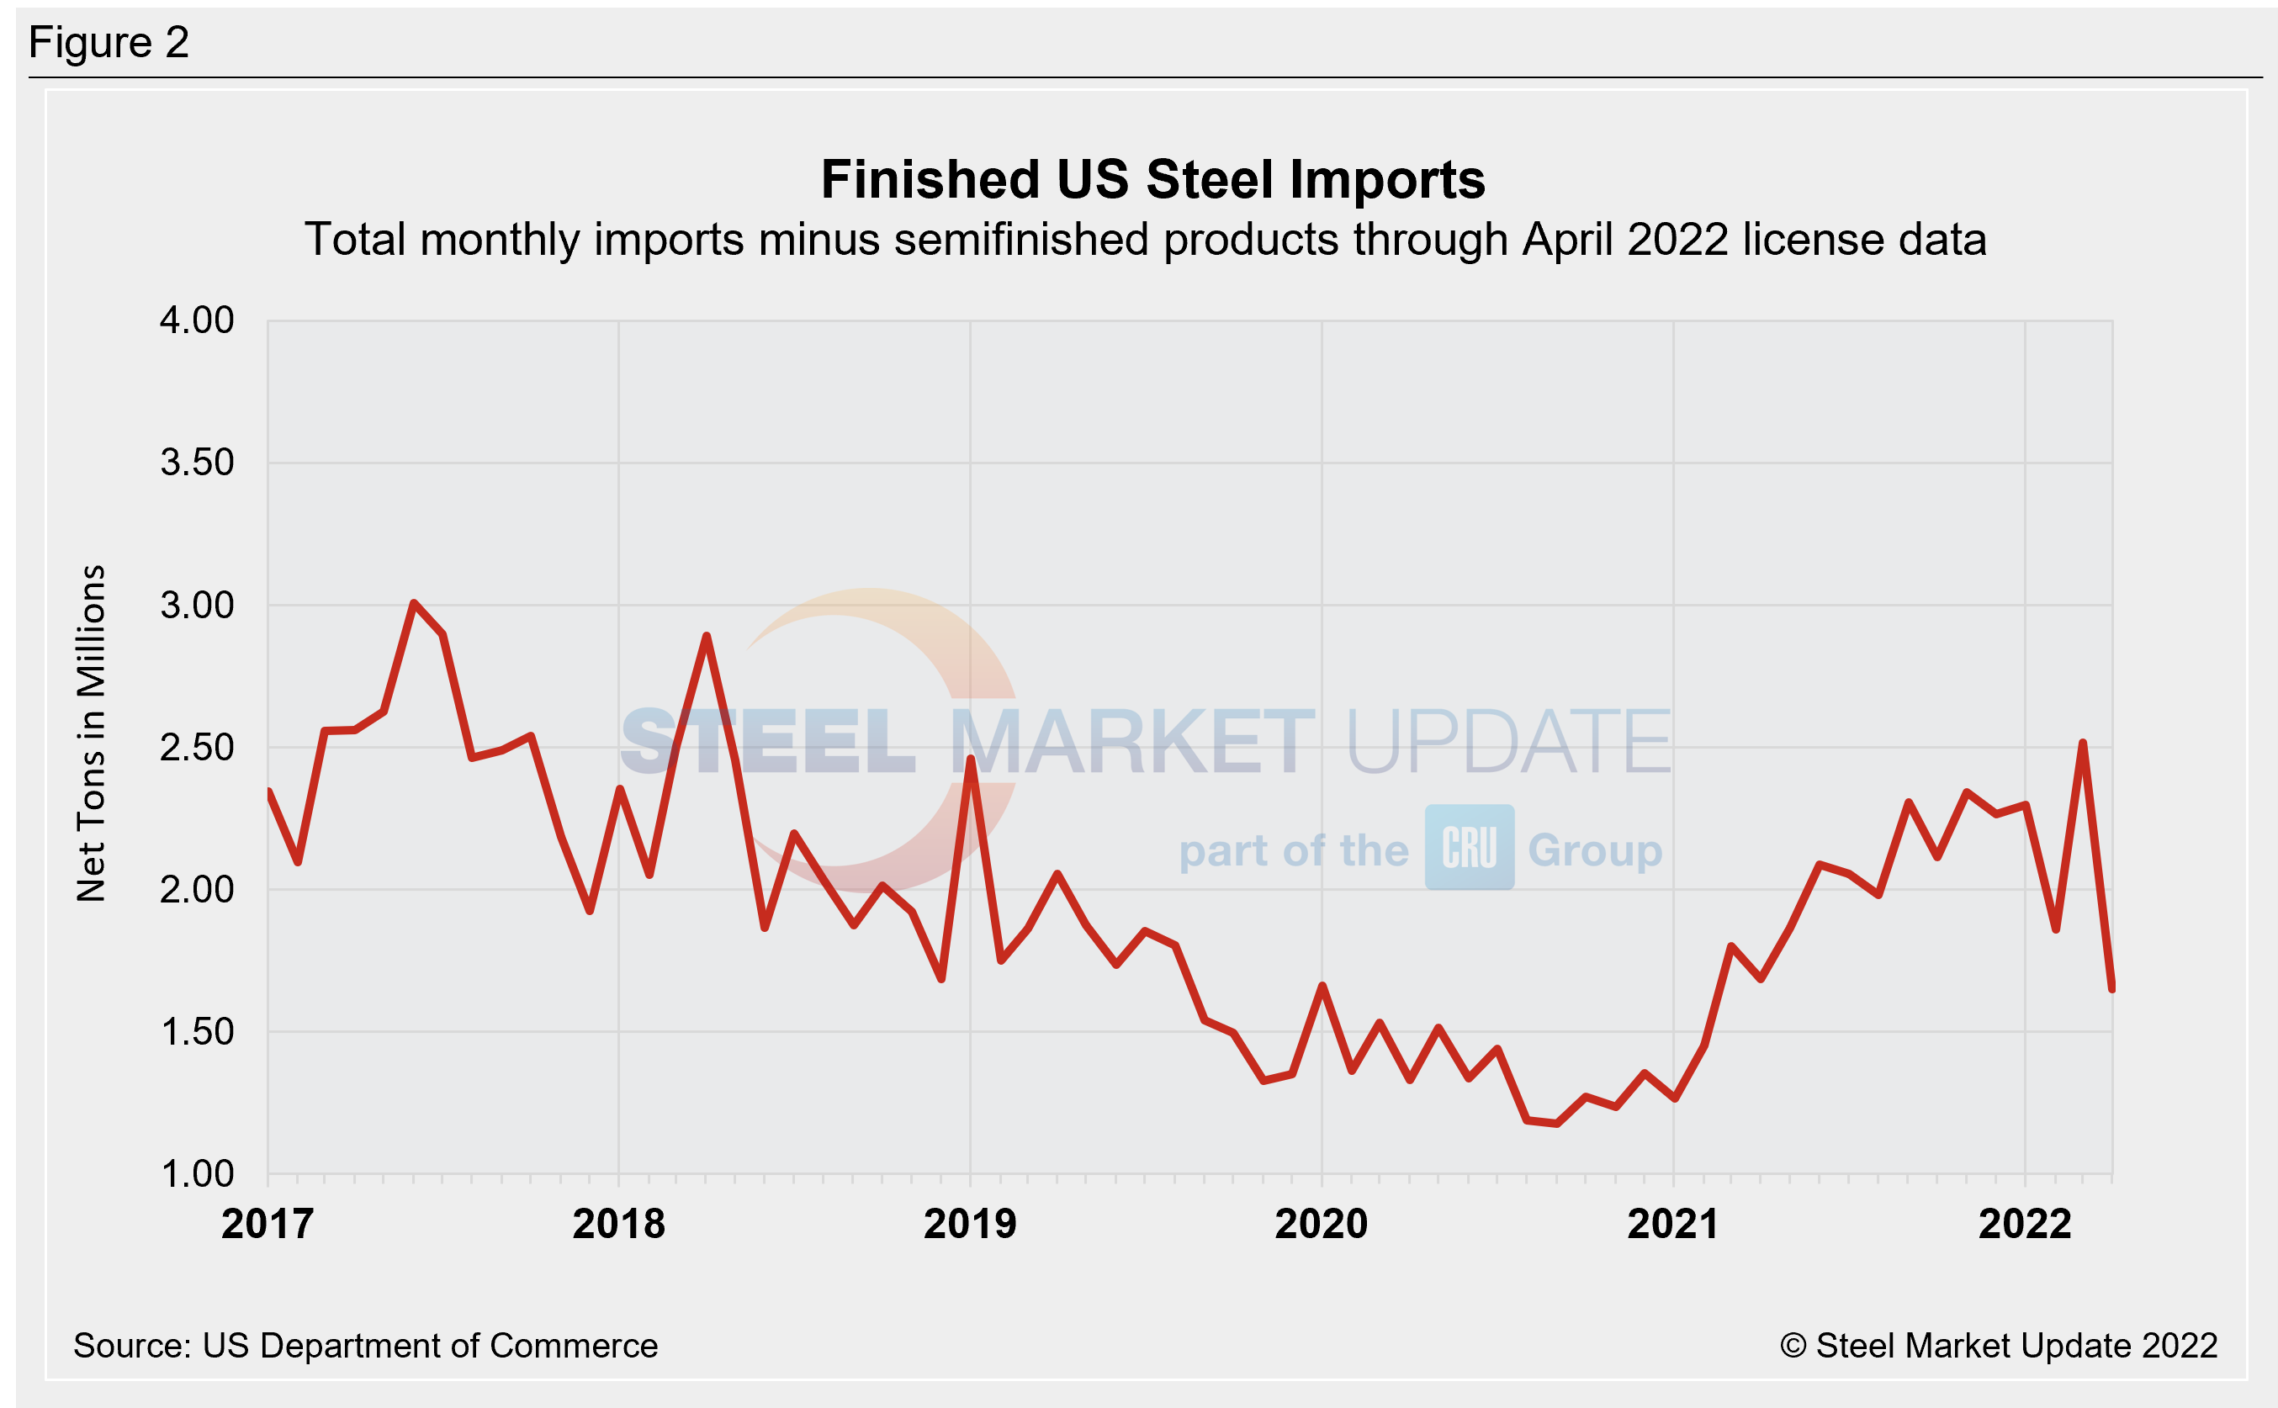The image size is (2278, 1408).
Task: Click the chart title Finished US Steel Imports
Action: pyautogui.click(x=1152, y=180)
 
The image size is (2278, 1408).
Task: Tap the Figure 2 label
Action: pyautogui.click(x=109, y=43)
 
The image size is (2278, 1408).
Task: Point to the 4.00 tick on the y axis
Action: pyautogui.click(x=197, y=320)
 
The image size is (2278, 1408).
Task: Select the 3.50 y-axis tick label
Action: pyautogui.click(x=197, y=463)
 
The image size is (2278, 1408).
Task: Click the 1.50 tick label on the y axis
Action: pyautogui.click(x=197, y=1032)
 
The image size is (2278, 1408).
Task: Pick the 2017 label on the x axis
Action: pyautogui.click(x=268, y=1224)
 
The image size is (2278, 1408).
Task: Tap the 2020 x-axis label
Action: pyautogui.click(x=1321, y=1224)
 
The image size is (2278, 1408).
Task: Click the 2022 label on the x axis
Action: pyautogui.click(x=2024, y=1224)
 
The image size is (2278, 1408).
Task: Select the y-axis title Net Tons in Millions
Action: pyautogui.click(x=91, y=733)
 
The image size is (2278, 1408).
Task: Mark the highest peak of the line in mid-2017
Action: pyautogui.click(x=414, y=603)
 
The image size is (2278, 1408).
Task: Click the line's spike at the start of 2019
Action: pyautogui.click(x=971, y=759)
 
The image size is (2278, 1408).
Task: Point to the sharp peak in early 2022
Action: pyautogui.click(x=2083, y=744)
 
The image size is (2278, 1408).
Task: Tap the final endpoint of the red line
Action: pyautogui.click(x=2111, y=988)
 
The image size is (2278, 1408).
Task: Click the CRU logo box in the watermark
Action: pyautogui.click(x=1469, y=848)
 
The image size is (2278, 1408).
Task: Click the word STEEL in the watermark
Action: pyautogui.click(x=768, y=742)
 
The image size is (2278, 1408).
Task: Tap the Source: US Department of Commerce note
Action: pyautogui.click(x=365, y=1346)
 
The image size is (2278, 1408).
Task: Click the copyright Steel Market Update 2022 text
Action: pyautogui.click(x=1999, y=1346)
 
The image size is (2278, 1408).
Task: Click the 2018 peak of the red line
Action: pyautogui.click(x=707, y=636)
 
